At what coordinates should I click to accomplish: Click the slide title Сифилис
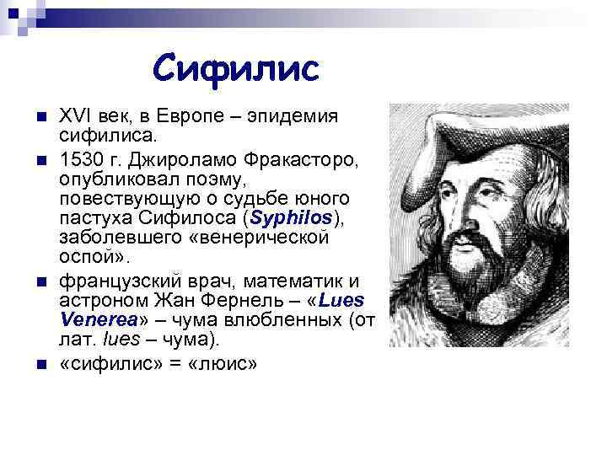(237, 67)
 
